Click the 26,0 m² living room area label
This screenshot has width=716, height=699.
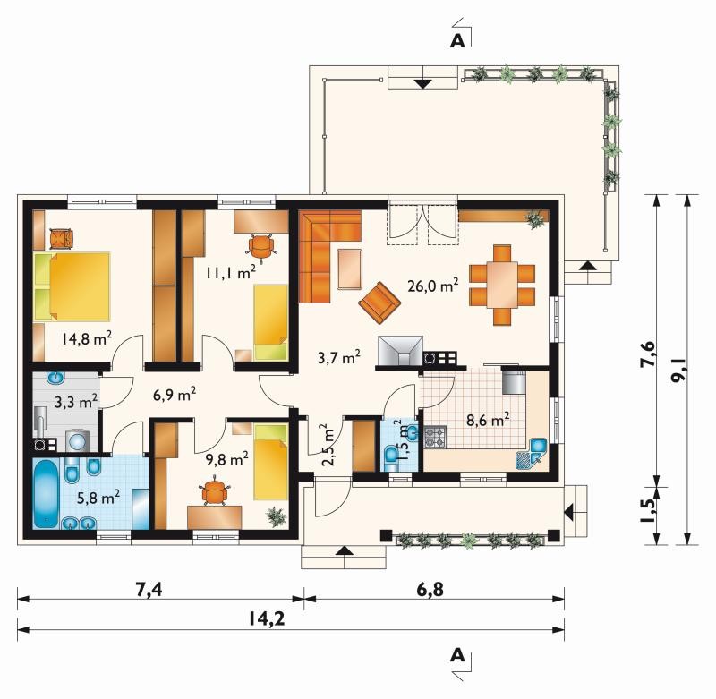coord(432,286)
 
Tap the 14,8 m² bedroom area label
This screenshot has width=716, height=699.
coord(87,338)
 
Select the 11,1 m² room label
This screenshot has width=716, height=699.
coord(230,273)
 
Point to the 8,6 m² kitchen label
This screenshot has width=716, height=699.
coord(487,419)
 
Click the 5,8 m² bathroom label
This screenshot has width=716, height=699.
coord(98,498)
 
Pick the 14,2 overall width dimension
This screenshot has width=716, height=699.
coord(267,618)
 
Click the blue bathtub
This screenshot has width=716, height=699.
coord(46,493)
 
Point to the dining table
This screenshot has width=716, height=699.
coord(502,285)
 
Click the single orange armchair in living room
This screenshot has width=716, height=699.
coord(379,303)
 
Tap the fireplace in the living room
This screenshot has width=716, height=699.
coord(400,352)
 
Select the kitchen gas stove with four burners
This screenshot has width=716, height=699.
coord(436,438)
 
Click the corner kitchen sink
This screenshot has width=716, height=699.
coord(532,455)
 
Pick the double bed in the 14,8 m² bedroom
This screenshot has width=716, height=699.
coord(72,286)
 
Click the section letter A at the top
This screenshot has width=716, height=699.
coord(457,40)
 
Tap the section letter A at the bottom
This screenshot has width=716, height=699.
coord(457,655)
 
